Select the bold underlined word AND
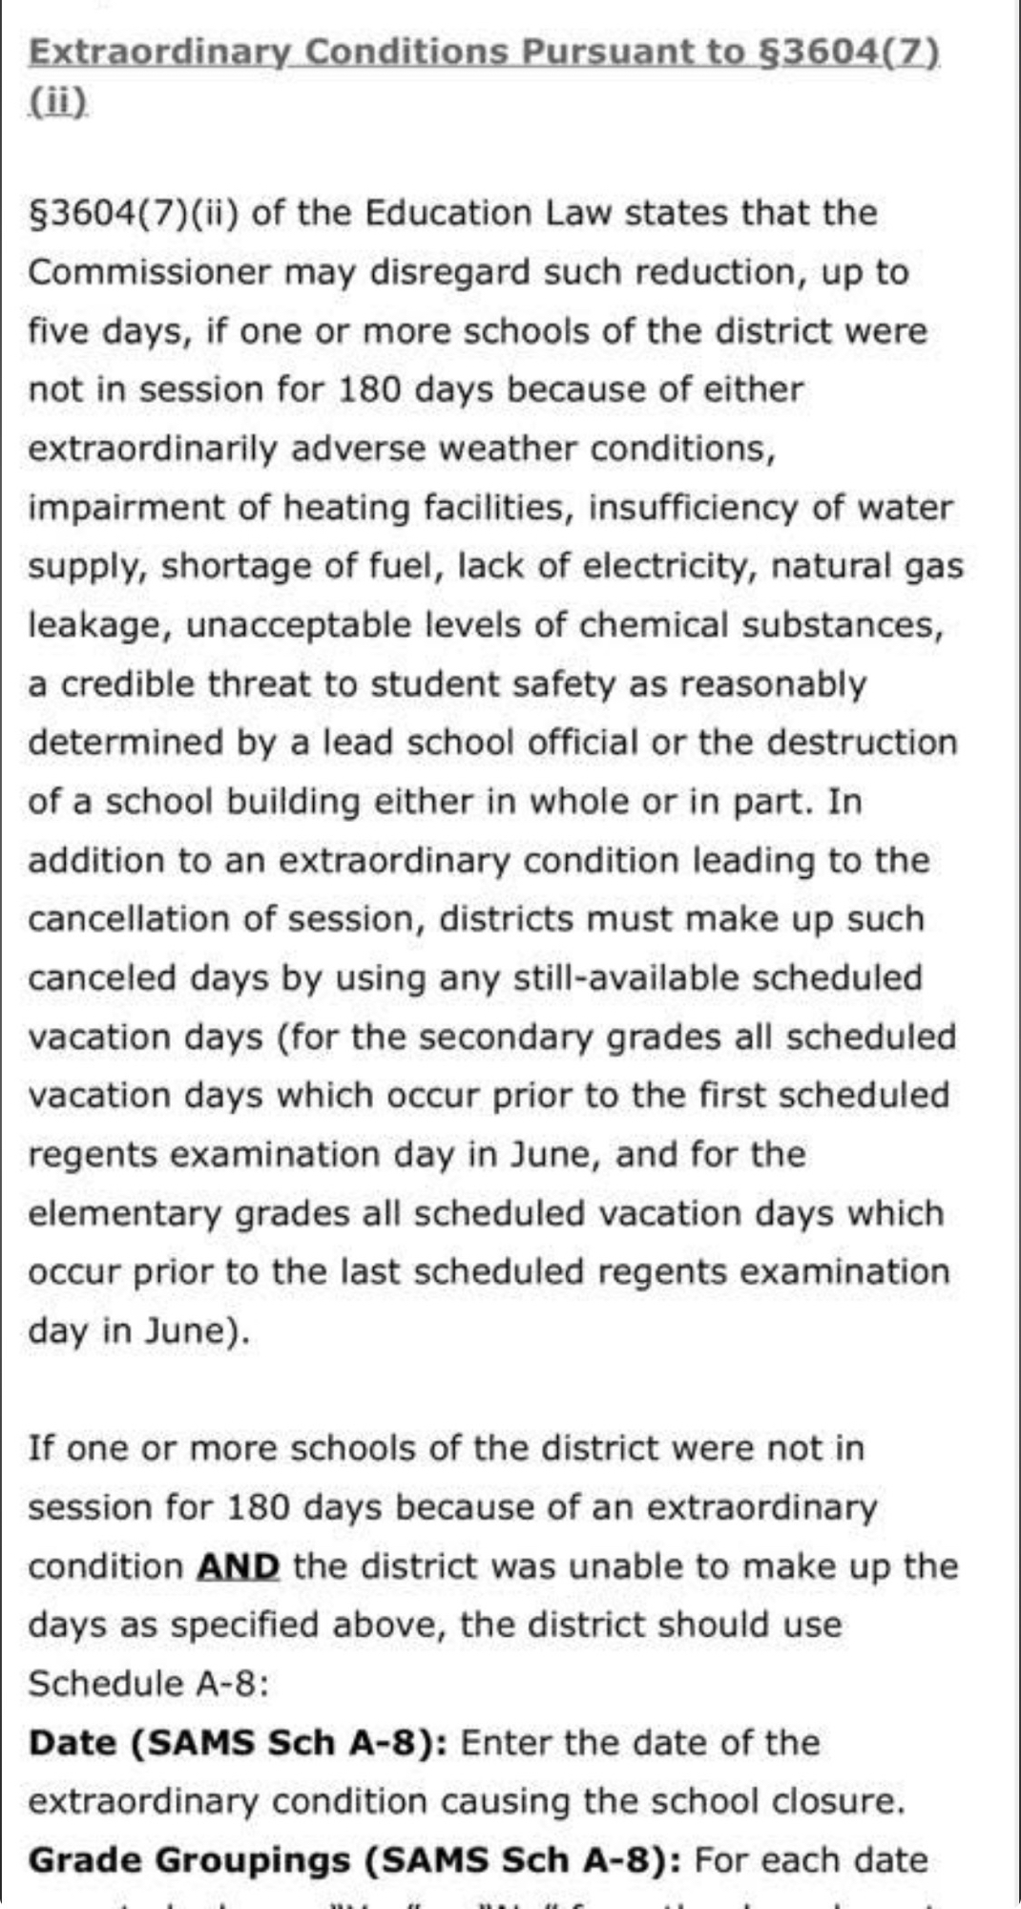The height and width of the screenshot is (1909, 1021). pos(239,1567)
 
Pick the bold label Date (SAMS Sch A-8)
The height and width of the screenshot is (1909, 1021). pos(239,1744)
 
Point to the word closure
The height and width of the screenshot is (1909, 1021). pos(837,1802)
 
